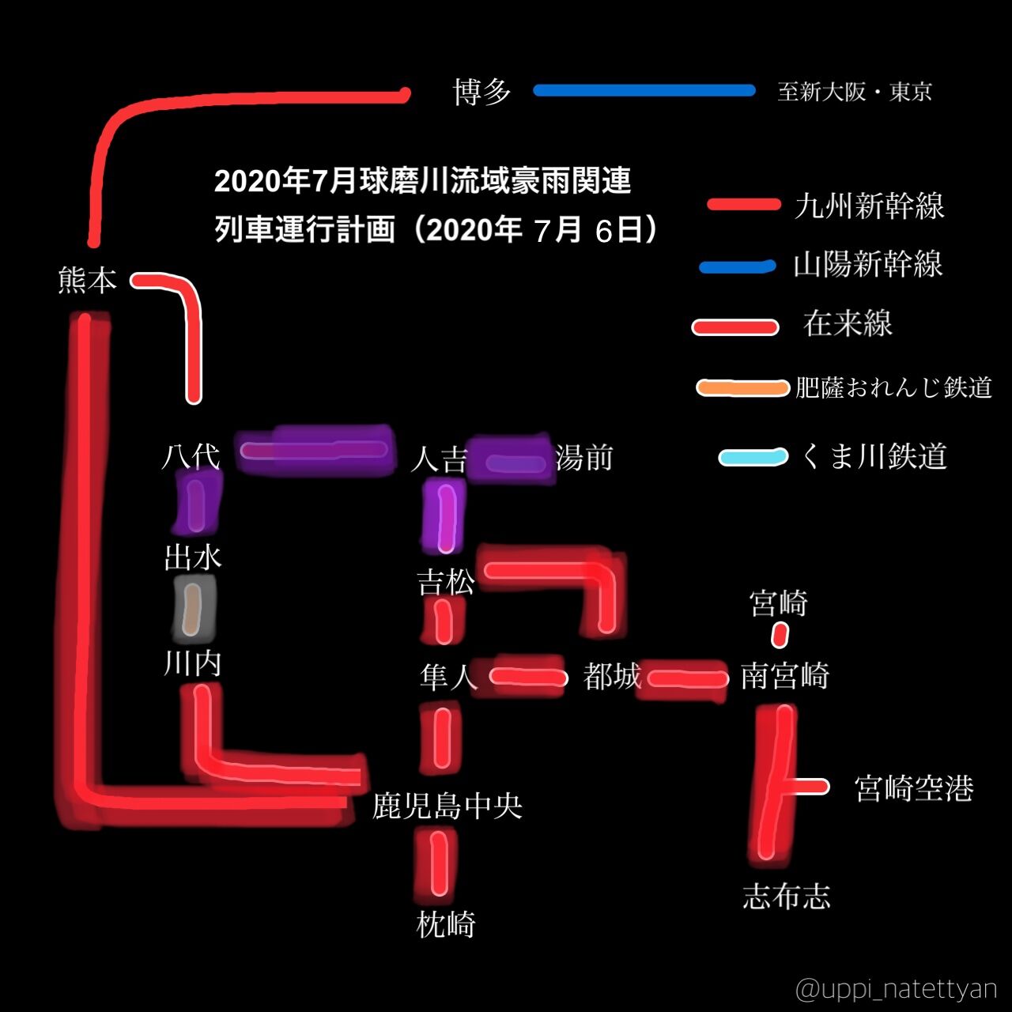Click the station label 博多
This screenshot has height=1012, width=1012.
pos(482,93)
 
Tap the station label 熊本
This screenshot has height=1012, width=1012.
pos(88,281)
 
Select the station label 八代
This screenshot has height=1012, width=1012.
pos(191,456)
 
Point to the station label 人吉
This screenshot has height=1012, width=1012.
pos(439,459)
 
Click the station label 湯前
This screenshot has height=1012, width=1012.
pos(584,458)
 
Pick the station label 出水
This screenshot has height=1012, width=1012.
pos(193,557)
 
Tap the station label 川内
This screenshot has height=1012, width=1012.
pos(192,663)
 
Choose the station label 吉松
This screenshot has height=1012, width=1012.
pos(446,582)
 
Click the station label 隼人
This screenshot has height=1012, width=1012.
pos(448,677)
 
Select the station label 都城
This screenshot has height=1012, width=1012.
pos(612,677)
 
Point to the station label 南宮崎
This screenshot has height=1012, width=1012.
pos(784,677)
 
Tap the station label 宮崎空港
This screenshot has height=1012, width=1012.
pos(914,788)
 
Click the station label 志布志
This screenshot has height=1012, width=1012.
pos(787,897)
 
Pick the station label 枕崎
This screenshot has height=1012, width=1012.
pos(446,924)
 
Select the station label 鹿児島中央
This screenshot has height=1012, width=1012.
pos(447,806)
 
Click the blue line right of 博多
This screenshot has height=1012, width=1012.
pos(644,91)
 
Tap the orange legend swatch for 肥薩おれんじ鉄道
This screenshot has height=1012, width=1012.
pos(742,387)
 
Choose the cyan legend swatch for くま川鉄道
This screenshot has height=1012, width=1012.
pos(753,457)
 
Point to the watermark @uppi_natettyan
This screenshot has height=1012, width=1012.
pos(896,989)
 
